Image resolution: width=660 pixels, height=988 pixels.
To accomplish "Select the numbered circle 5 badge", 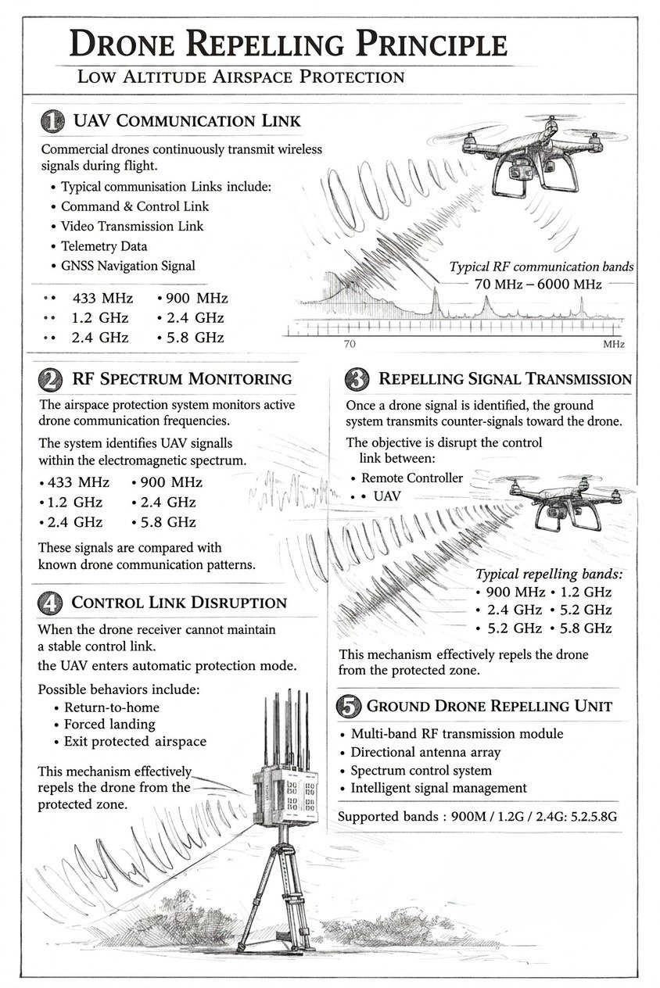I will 348,706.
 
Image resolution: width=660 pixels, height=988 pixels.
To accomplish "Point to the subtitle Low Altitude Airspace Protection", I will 240,77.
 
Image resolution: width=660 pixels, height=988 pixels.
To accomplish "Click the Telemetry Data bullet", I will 104,245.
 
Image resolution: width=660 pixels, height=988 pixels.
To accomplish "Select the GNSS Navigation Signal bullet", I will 127,266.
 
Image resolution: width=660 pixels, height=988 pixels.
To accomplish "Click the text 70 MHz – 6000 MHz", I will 537,284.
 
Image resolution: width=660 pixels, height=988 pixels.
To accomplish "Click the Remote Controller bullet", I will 411,478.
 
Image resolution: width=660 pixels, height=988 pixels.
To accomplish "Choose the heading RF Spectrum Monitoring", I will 181,379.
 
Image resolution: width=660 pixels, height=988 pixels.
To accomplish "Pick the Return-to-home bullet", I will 112,707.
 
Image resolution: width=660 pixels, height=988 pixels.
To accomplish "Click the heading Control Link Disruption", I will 179,603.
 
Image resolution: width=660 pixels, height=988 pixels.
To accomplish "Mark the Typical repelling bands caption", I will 549,574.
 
